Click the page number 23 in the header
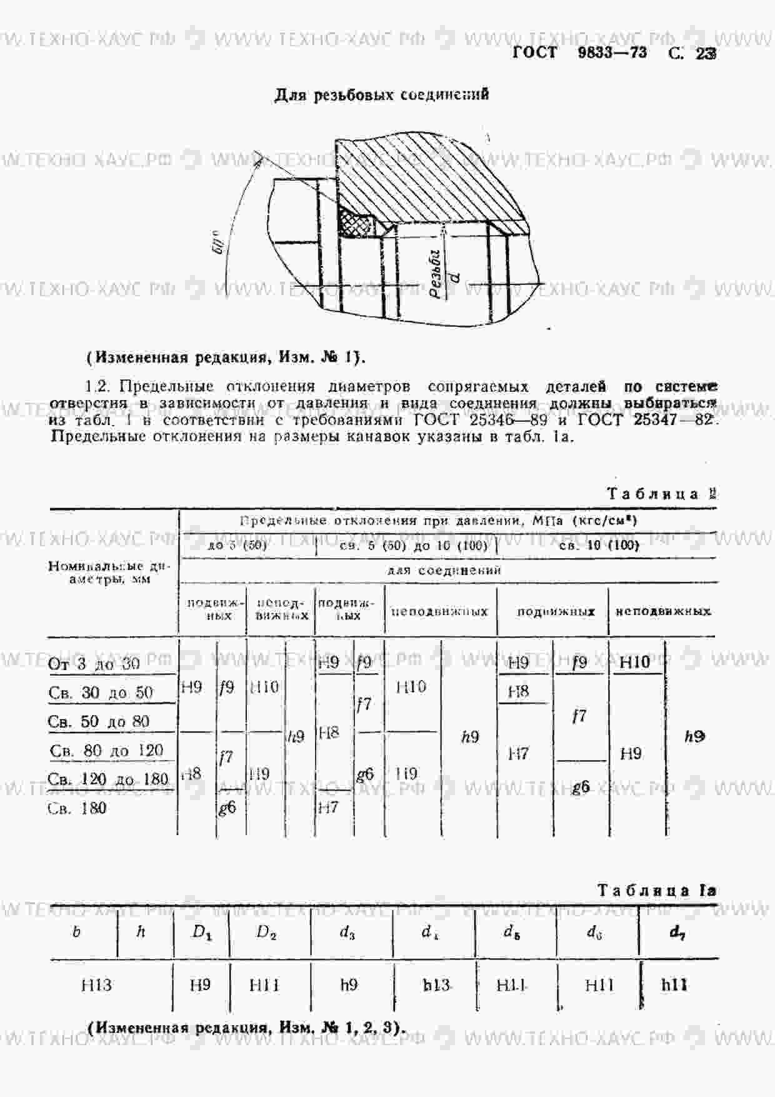[705, 54]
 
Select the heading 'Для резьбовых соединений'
[381, 95]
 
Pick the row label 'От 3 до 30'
[94, 664]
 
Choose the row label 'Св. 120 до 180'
[108, 779]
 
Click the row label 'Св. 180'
[77, 808]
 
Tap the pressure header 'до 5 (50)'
[237, 545]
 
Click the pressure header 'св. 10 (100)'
[599, 545]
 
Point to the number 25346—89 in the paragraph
[508, 419]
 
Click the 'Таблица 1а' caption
[656, 890]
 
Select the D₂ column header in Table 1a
[266, 932]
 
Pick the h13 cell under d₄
[436, 985]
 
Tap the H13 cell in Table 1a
[96, 985]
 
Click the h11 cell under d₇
[674, 985]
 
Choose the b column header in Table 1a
[77, 932]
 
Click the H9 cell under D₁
[200, 985]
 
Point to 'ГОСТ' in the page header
[534, 53]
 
